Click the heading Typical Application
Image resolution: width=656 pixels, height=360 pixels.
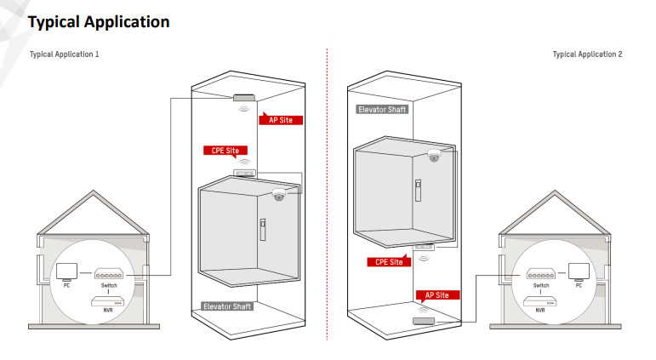[x=99, y=22]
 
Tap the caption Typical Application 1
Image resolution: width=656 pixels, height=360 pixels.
[x=65, y=54]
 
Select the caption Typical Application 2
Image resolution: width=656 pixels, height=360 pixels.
[x=587, y=54]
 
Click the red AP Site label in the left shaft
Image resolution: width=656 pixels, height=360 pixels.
[x=280, y=120]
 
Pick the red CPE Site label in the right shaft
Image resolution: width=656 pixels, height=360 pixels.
[x=389, y=262]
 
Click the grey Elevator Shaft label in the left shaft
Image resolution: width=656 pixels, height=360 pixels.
[x=227, y=306]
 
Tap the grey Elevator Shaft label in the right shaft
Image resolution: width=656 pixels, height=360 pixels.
[x=382, y=109]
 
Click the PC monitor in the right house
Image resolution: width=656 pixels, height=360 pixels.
[x=580, y=271]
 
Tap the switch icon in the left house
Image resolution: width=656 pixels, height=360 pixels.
[x=110, y=275]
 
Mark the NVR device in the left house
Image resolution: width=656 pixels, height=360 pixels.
[x=110, y=301]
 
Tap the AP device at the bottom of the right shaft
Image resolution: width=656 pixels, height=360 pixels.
[x=423, y=321]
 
